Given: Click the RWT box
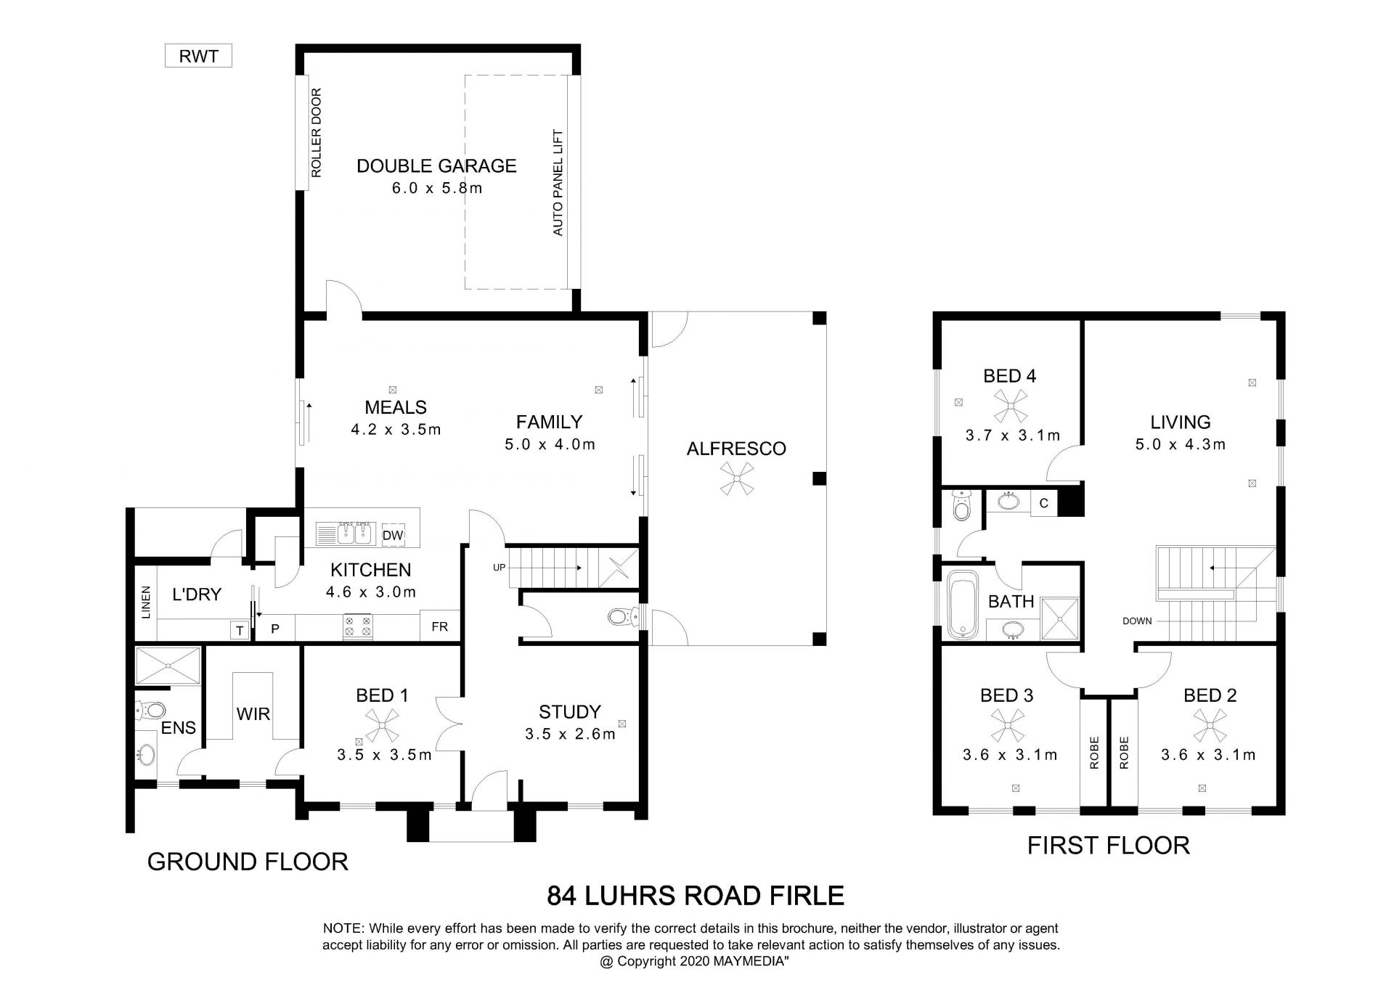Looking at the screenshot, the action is click(x=198, y=56).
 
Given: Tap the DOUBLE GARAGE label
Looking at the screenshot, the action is click(x=436, y=166).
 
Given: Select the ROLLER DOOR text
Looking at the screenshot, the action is click(x=316, y=134).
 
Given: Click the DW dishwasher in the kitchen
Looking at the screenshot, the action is click(x=393, y=536).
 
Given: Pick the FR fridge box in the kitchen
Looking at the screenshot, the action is click(x=440, y=626).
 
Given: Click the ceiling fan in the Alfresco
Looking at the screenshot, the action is click(x=737, y=480).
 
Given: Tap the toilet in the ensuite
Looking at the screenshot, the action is click(x=151, y=709).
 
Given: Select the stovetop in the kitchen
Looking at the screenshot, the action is click(x=357, y=626).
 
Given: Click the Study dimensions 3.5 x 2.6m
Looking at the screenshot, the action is click(x=570, y=734).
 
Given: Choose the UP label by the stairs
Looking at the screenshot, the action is click(x=499, y=568).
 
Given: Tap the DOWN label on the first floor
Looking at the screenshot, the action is click(x=1137, y=621).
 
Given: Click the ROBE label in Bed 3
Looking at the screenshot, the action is click(x=1095, y=753).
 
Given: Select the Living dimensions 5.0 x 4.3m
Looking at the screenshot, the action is click(x=1181, y=444).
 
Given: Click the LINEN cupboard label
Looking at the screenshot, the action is click(x=147, y=602).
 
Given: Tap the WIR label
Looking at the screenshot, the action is click(x=253, y=714).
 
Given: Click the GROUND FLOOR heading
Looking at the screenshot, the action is click(x=248, y=862).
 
